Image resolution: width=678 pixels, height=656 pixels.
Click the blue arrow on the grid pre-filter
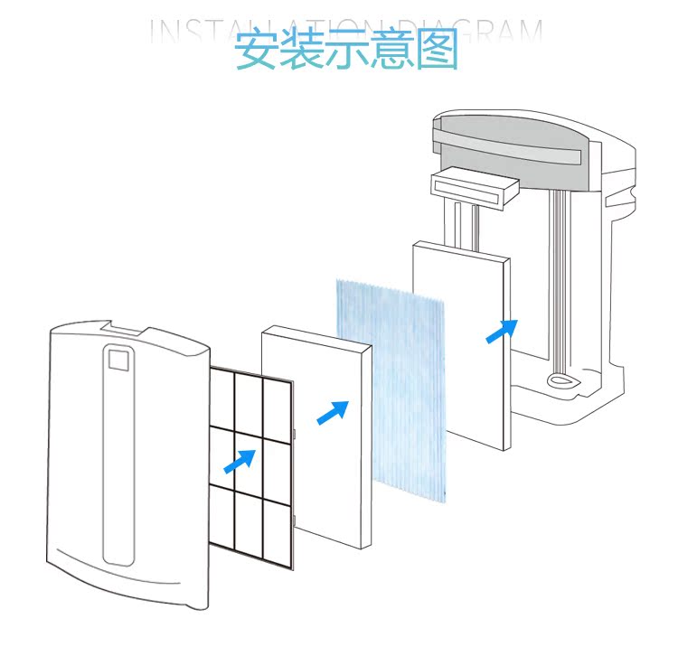tap(240, 461)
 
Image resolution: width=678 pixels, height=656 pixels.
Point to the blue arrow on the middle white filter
tap(332, 412)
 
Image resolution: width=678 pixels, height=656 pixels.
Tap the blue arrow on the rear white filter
tap(503, 331)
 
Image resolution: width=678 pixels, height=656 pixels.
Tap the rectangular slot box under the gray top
tap(476, 187)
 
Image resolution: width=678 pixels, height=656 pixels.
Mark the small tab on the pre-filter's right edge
tap(296, 438)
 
